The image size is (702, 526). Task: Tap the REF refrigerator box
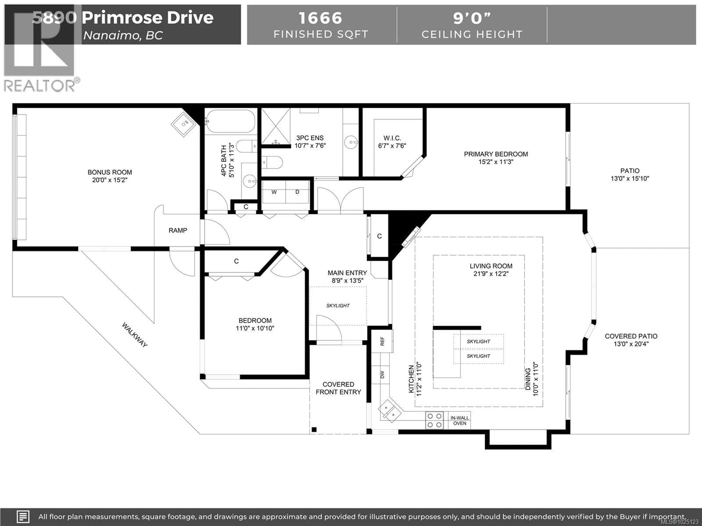(382, 341)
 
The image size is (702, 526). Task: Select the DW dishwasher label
(382, 374)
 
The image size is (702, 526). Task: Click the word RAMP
(178, 230)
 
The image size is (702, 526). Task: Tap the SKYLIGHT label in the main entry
(338, 306)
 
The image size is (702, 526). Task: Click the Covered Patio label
(631, 336)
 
